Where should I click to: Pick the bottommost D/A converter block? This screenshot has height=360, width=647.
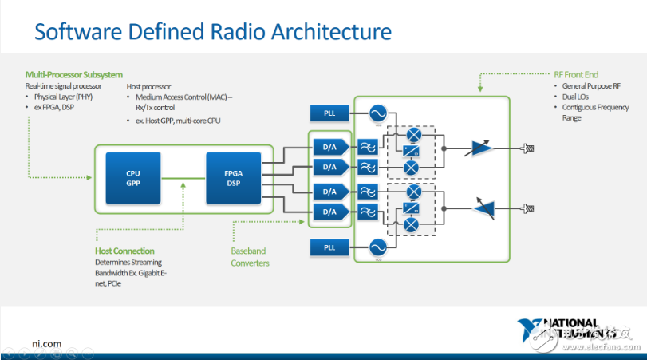tap(329, 212)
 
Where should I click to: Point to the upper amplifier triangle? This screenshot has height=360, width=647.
tap(482, 147)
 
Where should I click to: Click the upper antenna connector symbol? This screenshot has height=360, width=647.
tap(528, 148)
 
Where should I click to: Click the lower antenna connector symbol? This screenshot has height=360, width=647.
tap(528, 207)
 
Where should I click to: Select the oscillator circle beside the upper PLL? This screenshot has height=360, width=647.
tap(374, 114)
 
